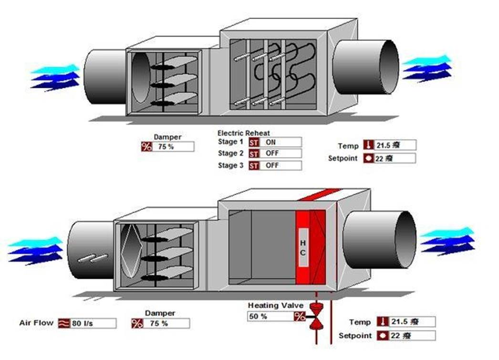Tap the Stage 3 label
[230, 166]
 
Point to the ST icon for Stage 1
[254, 142]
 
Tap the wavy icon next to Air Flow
[63, 324]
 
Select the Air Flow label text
[36, 323]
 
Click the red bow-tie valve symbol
[315, 316]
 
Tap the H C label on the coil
[303, 247]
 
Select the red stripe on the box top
[320, 194]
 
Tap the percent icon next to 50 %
[300, 316]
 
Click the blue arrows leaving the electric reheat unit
[427, 67]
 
